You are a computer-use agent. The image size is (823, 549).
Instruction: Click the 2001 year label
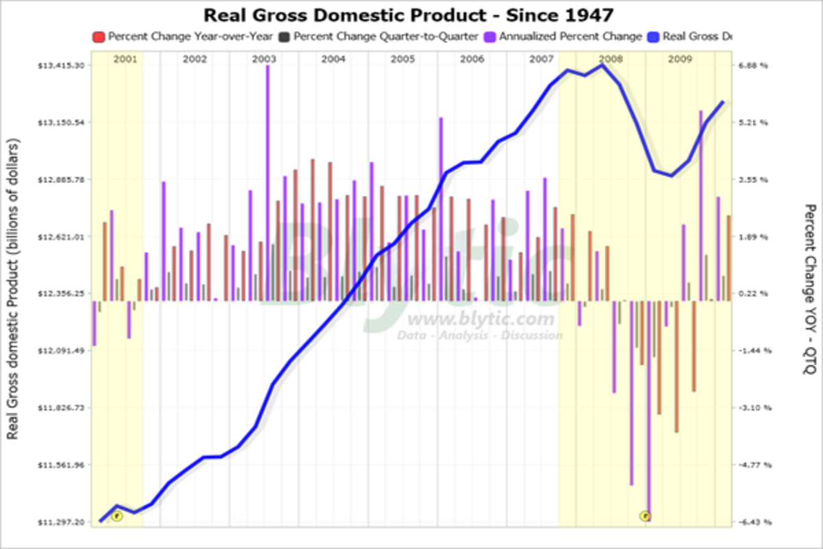[x=126, y=60]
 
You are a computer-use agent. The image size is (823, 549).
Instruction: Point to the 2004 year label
[x=333, y=60]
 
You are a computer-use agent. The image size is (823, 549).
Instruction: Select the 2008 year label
[x=610, y=60]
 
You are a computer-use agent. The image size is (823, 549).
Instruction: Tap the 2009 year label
[x=680, y=60]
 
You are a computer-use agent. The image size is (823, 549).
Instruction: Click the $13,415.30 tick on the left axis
[x=62, y=66]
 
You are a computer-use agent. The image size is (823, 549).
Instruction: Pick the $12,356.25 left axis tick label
[x=62, y=294]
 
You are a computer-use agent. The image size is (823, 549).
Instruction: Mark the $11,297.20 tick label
[x=62, y=522]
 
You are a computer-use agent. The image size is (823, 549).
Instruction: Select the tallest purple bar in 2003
[x=267, y=183]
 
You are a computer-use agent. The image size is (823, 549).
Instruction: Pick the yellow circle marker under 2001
[x=117, y=516]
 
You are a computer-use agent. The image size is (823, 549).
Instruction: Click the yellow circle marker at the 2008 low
[x=645, y=516]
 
